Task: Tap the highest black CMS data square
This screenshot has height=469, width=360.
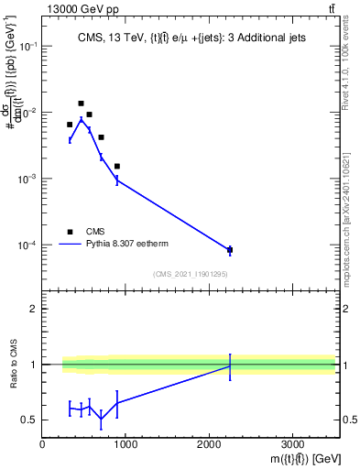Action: click(x=81, y=104)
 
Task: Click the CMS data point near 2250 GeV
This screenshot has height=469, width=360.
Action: click(x=230, y=250)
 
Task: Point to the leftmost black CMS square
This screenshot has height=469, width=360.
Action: click(x=70, y=125)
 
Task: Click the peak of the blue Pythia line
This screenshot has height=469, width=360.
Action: click(x=81, y=119)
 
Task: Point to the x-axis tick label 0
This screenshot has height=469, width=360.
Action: click(x=43, y=444)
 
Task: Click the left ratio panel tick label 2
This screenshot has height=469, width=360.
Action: click(x=34, y=309)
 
